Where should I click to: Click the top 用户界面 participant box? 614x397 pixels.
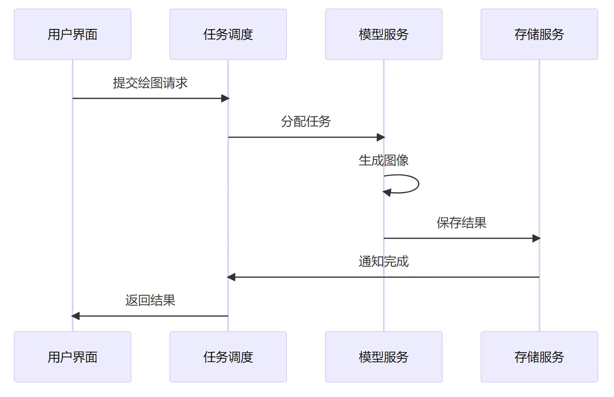tap(72, 34)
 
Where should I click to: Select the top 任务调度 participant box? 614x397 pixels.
tap(228, 34)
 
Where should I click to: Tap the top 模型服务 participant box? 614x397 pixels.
tap(384, 34)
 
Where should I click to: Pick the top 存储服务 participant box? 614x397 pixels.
tap(539, 34)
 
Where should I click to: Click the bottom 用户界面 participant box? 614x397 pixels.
tap(72, 357)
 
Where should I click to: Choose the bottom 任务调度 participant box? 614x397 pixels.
tap(228, 357)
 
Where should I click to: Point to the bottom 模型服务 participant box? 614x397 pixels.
tap(384, 357)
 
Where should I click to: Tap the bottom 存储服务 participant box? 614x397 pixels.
tap(539, 357)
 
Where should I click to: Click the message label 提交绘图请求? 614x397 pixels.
tap(150, 83)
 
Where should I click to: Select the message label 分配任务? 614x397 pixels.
tap(306, 122)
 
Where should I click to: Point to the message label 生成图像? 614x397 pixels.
tap(384, 161)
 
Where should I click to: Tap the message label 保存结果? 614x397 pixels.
tap(461, 223)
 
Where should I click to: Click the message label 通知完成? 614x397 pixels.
tap(384, 261)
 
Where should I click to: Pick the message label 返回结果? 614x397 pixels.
tap(150, 300)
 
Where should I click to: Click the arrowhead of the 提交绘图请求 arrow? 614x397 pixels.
tap(225, 98)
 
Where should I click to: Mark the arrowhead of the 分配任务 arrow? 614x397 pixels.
tap(381, 137)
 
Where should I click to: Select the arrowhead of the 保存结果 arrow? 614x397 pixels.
tap(536, 238)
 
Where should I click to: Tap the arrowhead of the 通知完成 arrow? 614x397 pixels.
tap(231, 277)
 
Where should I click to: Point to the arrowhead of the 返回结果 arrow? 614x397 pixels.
tap(75, 316)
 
